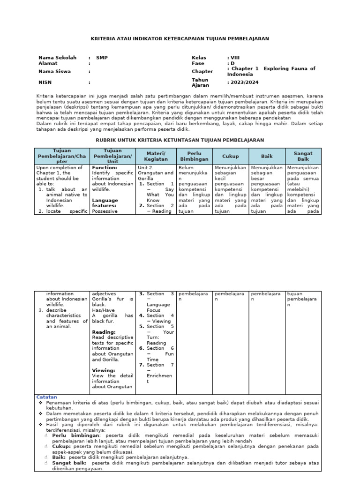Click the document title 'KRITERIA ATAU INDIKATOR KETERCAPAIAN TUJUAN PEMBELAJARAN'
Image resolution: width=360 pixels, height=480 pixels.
click(x=180, y=38)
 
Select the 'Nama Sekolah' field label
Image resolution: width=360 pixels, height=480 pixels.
click(x=57, y=58)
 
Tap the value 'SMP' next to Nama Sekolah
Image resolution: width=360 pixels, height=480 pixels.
click(x=102, y=58)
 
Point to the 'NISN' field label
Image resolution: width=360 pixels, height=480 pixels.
click(x=46, y=82)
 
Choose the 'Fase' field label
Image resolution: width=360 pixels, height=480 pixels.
click(x=198, y=63)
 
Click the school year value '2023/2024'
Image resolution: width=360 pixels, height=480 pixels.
click(x=244, y=82)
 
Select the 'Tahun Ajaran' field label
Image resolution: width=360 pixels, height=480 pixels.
click(x=200, y=82)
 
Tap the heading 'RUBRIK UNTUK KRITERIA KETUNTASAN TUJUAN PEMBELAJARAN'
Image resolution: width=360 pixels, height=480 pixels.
click(x=180, y=140)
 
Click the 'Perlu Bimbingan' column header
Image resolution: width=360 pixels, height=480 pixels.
click(x=194, y=156)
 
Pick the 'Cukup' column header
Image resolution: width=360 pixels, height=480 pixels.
click(x=230, y=156)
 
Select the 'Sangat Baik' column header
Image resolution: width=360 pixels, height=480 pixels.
click(x=303, y=156)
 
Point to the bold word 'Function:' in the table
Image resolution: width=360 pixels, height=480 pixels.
click(x=105, y=167)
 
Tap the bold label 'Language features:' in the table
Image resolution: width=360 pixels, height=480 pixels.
click(x=105, y=203)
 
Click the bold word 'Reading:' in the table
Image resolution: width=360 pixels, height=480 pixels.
click(x=104, y=332)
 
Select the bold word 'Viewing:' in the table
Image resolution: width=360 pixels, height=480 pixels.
click(x=104, y=370)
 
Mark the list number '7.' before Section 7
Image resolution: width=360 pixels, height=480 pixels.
click(x=142, y=365)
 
